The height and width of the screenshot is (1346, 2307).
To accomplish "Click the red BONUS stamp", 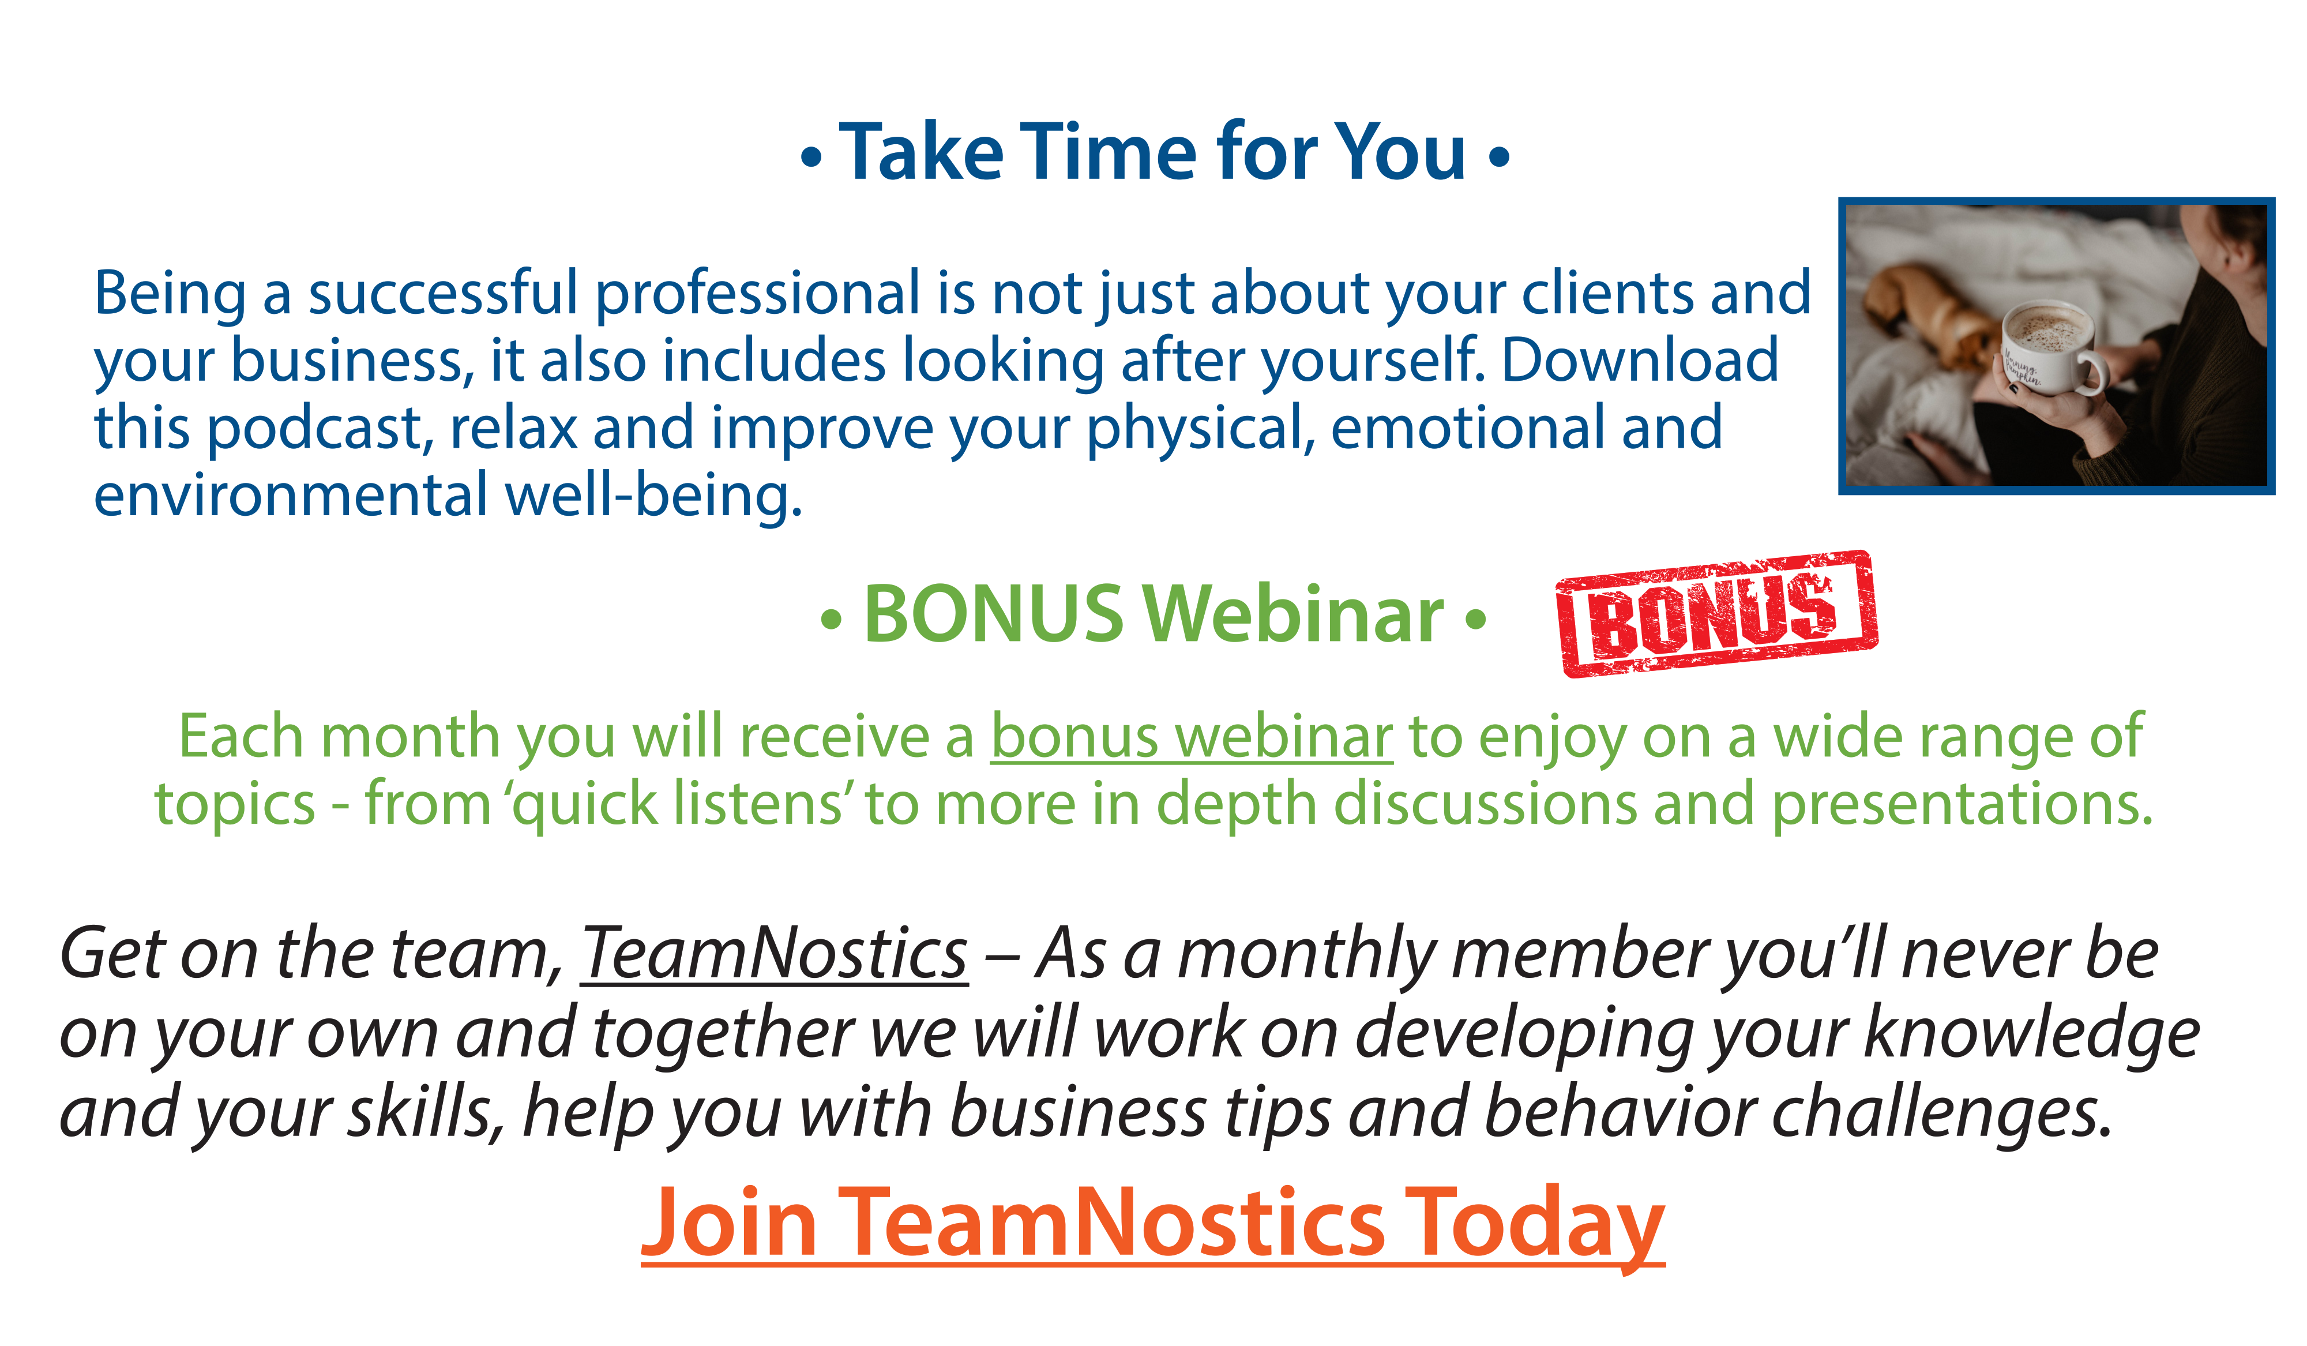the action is pos(1716,613).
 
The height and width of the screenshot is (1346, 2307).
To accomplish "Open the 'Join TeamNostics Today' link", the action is pos(1152,1224).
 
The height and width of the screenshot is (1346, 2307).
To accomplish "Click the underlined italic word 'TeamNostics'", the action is pos(775,954).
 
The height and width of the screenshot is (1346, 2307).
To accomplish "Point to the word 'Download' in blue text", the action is pos(1640,360).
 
